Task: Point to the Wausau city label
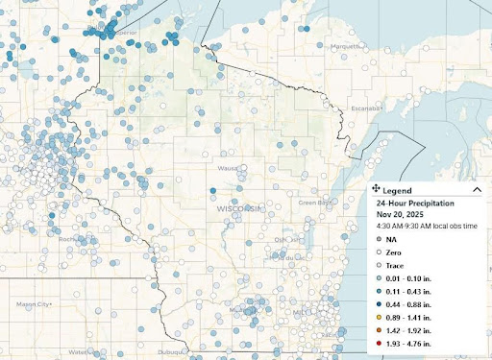tap(228, 168)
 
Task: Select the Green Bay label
tap(312, 203)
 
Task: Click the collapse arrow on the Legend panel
tap(478, 191)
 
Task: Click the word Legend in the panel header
tap(397, 191)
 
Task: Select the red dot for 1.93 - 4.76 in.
tap(381, 342)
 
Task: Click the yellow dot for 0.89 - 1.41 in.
tap(381, 314)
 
